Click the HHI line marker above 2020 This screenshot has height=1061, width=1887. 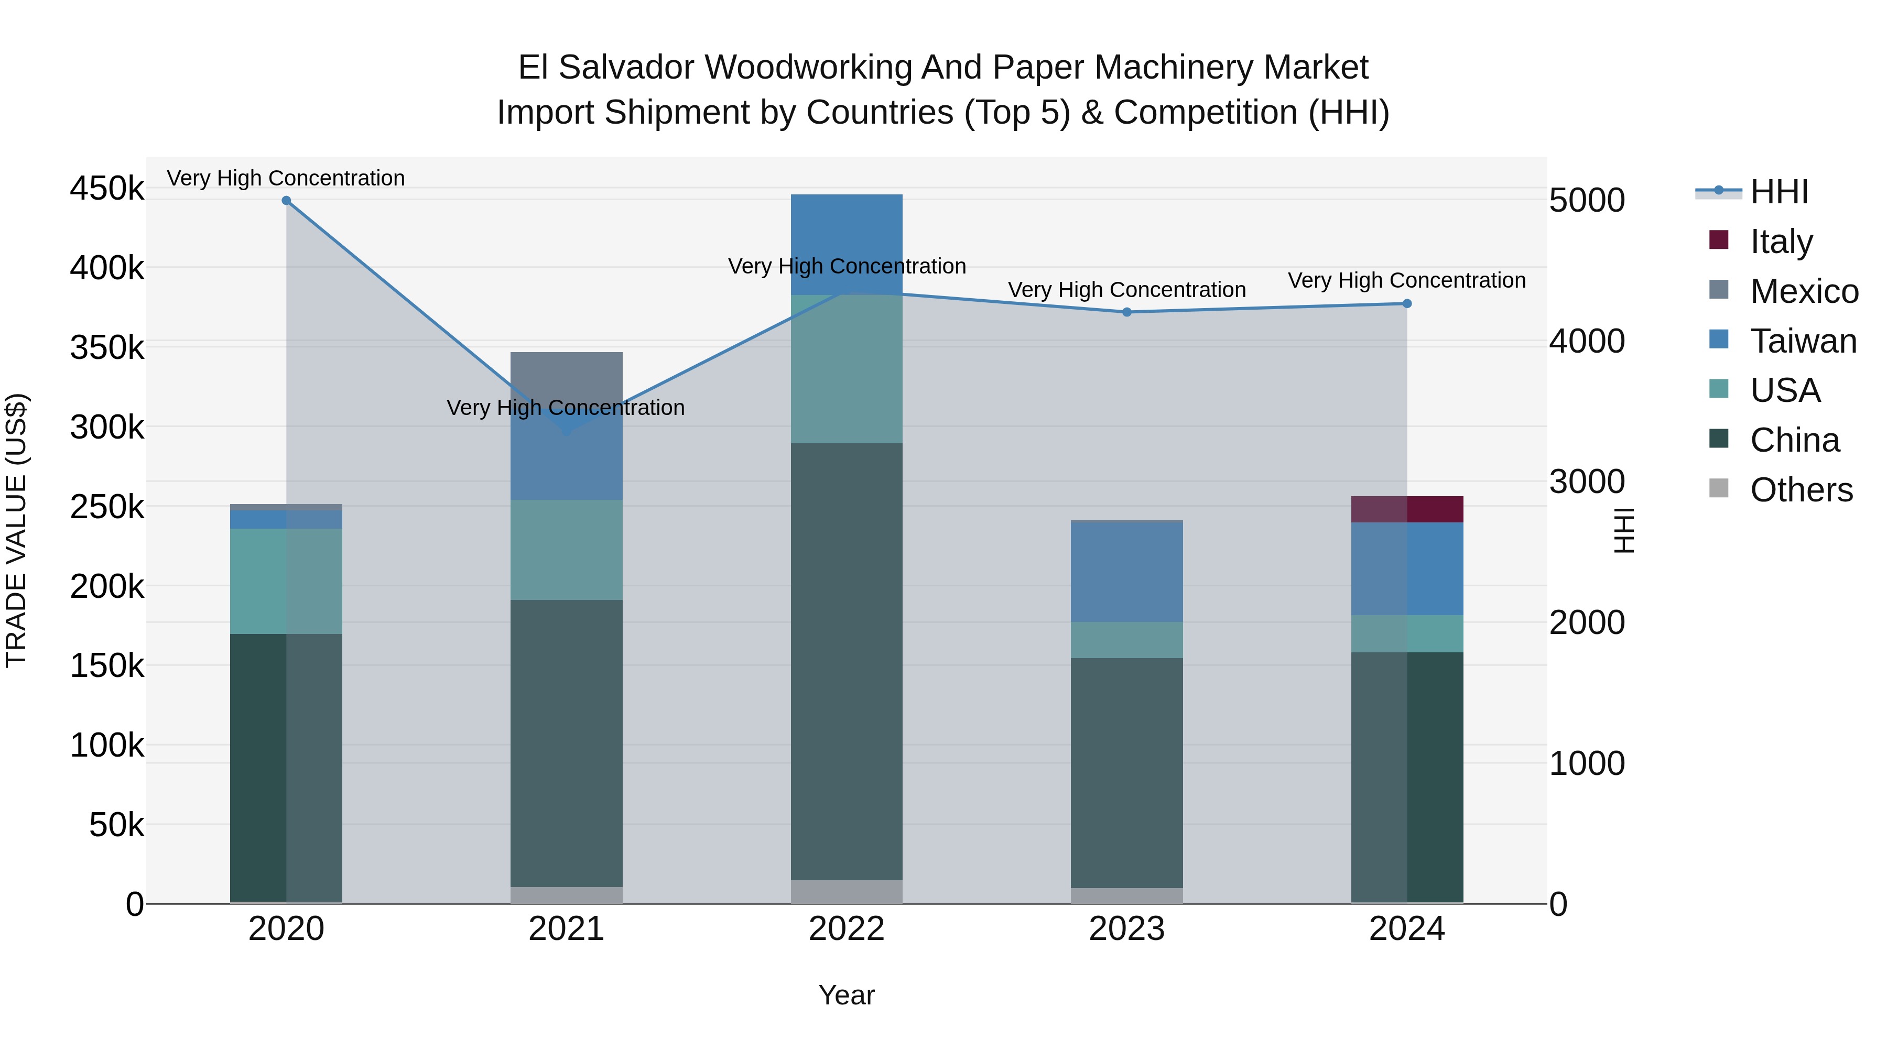pos(286,201)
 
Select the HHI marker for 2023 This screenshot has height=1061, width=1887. pos(1126,312)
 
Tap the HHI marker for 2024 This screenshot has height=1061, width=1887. pos(1406,303)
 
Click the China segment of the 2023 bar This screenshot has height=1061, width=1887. pos(1126,772)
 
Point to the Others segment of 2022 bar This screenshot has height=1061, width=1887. pos(847,891)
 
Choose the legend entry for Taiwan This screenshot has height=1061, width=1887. pos(1803,341)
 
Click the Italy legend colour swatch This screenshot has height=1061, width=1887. pos(1719,240)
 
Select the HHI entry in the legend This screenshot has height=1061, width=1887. pos(1778,192)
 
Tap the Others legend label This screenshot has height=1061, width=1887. pos(1801,490)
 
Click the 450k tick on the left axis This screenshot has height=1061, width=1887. pos(107,188)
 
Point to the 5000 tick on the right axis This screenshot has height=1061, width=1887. pos(1587,201)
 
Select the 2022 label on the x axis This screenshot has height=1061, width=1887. pos(847,928)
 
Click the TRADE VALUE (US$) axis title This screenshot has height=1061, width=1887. pos(16,530)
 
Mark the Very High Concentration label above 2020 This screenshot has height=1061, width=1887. pos(286,178)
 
